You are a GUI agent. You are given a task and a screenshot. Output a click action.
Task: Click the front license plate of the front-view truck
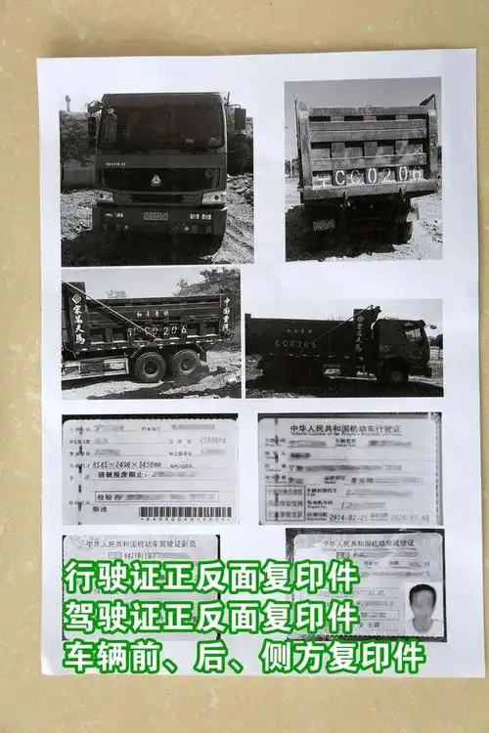(156, 216)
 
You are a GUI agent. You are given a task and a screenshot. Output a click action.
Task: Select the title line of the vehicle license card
(349, 427)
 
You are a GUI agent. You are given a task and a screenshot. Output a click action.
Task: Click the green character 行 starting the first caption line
(82, 579)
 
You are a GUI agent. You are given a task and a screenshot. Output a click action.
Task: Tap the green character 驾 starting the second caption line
(82, 618)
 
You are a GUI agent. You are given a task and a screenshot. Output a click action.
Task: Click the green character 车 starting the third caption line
(82, 657)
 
